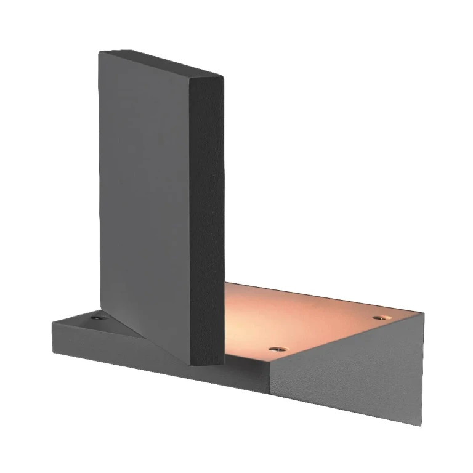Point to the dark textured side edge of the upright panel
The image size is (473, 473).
click(207, 216)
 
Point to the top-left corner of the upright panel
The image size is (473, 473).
click(100, 52)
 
